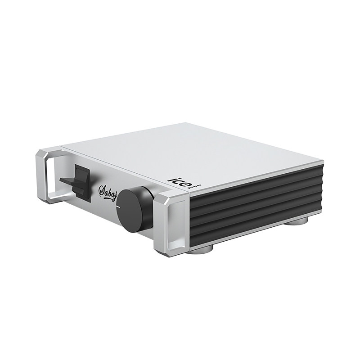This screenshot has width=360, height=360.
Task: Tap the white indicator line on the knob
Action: point(118,207)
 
